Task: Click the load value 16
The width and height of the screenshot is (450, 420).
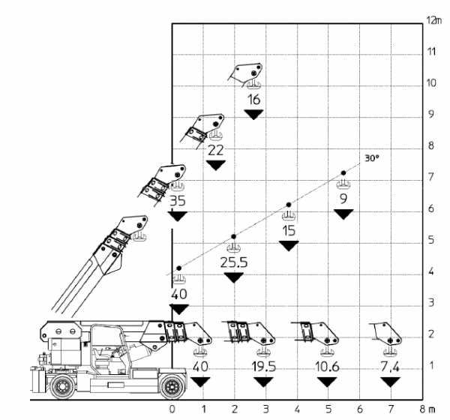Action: click(x=253, y=100)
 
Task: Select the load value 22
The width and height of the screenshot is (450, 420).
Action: click(x=216, y=150)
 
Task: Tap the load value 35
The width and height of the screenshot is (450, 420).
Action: click(x=178, y=201)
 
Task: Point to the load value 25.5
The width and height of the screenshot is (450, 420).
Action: click(x=234, y=262)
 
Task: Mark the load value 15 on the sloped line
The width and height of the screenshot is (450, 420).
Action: click(x=289, y=230)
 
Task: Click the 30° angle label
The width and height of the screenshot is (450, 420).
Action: click(x=372, y=159)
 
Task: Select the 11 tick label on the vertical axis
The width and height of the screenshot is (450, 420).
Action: click(x=431, y=52)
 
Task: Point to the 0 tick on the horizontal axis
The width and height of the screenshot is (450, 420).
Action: click(x=173, y=409)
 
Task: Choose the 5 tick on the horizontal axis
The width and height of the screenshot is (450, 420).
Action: click(x=329, y=409)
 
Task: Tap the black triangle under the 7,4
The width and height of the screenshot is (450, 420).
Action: click(x=389, y=382)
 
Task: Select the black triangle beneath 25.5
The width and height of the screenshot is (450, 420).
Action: click(x=234, y=277)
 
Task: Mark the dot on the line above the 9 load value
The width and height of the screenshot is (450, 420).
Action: click(x=343, y=173)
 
